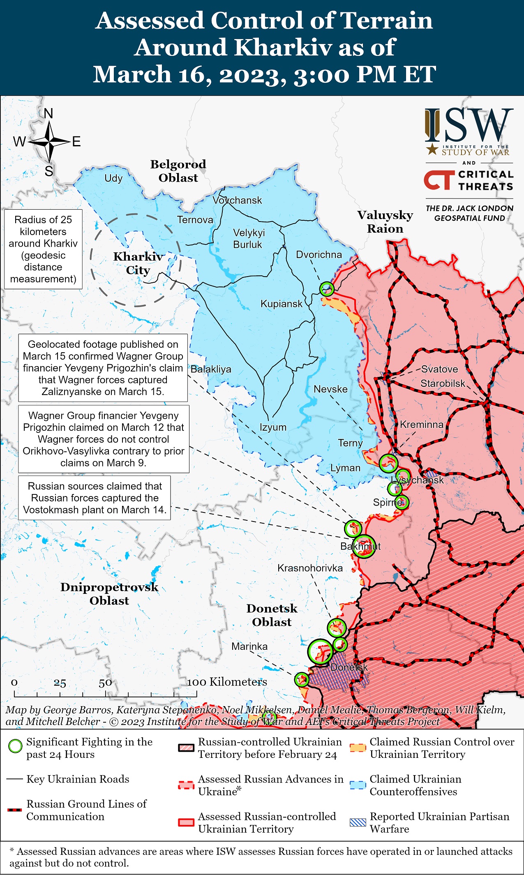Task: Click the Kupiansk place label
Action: click(281, 304)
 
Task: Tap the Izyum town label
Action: click(273, 427)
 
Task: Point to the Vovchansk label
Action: click(237, 200)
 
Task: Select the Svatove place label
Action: click(439, 369)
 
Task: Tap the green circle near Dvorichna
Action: click(327, 289)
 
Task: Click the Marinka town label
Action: click(249, 646)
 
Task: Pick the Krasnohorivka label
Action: click(310, 568)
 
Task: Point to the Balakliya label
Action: click(211, 369)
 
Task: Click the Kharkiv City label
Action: click(138, 263)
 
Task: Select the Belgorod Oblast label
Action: click(178, 171)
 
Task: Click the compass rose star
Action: click(49, 142)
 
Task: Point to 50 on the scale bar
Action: click(105, 683)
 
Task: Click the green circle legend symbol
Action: click(15, 746)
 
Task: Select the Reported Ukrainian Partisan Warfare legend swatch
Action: click(358, 822)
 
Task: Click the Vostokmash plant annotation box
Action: click(95, 498)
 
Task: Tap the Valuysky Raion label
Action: click(385, 222)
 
